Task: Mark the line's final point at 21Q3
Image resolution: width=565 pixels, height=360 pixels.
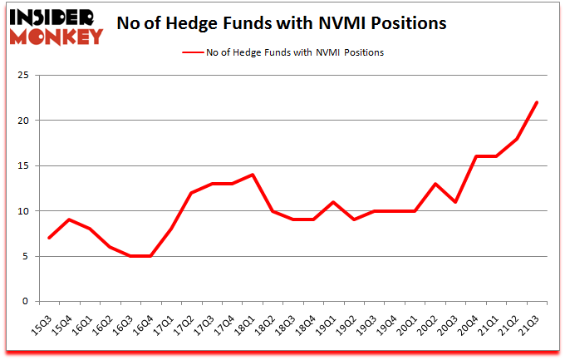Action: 537,102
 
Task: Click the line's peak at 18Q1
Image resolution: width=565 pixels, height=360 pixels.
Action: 253,175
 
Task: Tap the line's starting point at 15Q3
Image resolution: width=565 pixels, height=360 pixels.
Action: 50,238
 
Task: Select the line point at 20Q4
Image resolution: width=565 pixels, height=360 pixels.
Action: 476,156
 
